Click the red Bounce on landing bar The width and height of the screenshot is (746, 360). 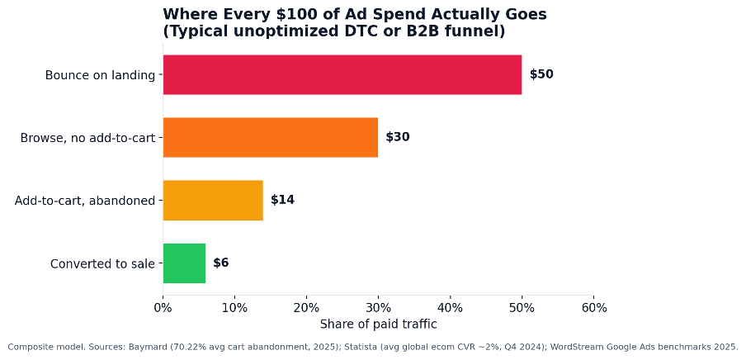342,75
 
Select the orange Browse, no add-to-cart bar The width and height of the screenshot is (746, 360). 271,137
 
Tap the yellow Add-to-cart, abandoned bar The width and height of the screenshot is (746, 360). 213,200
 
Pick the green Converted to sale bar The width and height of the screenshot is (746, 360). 185,263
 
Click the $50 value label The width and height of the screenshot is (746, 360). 541,75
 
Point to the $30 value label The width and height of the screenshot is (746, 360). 398,137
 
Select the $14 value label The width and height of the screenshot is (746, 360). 282,200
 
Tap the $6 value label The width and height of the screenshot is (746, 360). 221,263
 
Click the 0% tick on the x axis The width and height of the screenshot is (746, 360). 163,308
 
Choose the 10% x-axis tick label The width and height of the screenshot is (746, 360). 234,308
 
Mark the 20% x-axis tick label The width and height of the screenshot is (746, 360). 306,308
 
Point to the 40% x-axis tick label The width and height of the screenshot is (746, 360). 450,308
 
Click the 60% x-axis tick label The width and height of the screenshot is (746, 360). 594,308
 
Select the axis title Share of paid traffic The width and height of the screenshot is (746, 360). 378,324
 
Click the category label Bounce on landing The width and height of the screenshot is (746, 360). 101,75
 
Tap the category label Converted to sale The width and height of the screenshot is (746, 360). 103,263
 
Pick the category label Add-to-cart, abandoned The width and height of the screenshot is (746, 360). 85,201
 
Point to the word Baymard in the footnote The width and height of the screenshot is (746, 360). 144,347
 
